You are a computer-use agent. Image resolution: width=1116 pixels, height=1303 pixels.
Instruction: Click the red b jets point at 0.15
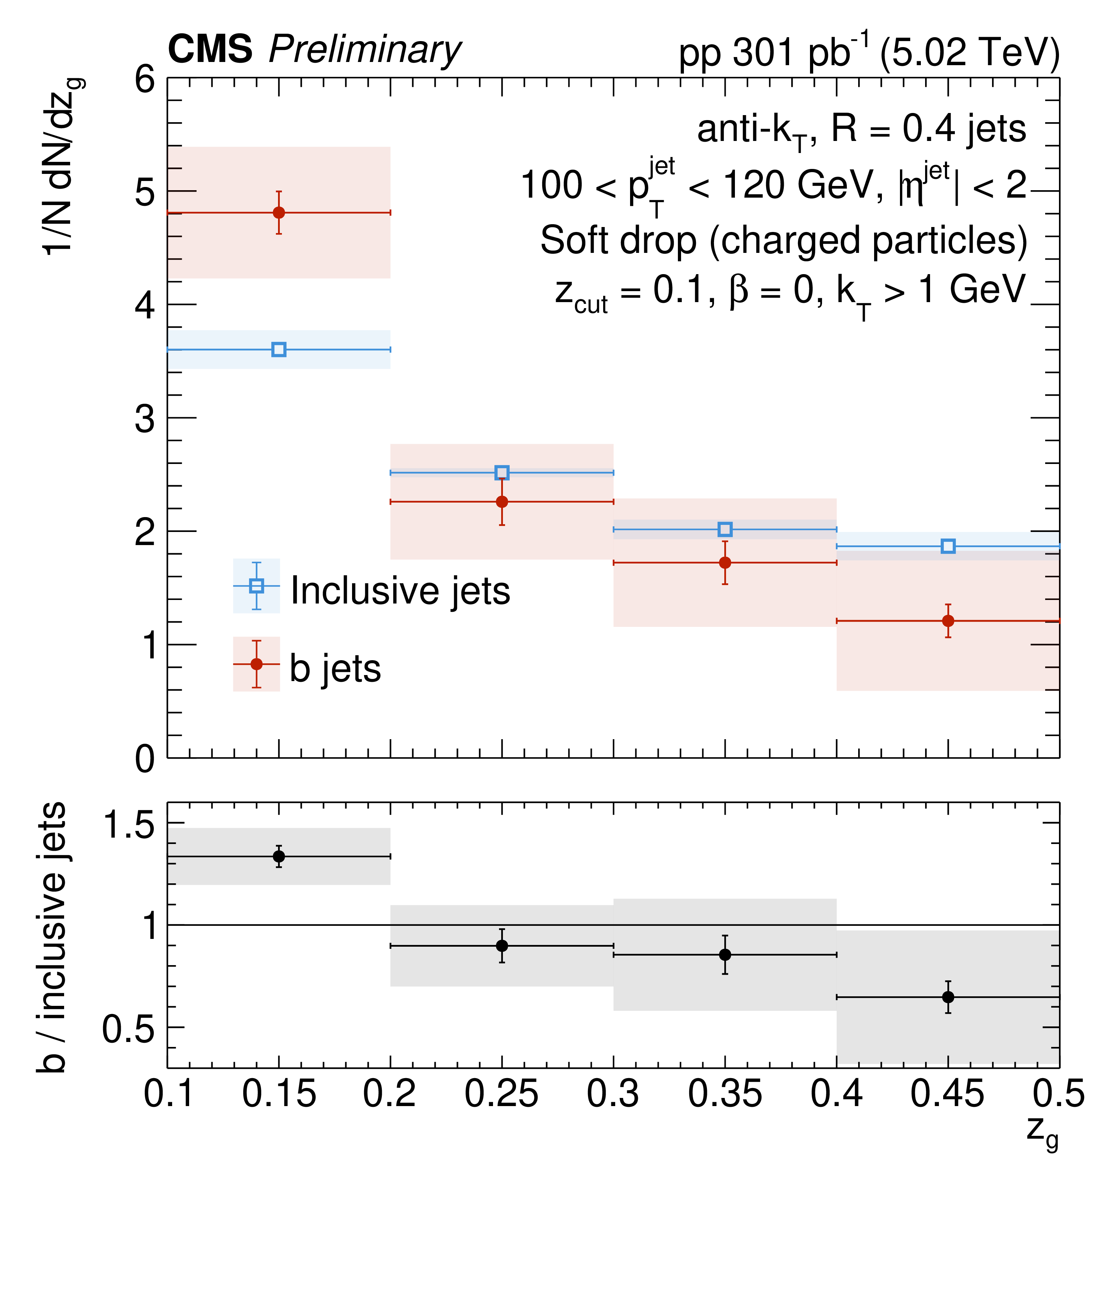click(279, 213)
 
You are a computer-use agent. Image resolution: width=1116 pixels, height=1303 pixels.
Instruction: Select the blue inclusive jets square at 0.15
click(279, 350)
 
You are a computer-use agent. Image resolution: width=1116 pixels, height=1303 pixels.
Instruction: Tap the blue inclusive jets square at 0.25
click(502, 473)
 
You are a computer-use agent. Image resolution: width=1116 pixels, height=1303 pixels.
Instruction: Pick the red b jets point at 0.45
click(948, 621)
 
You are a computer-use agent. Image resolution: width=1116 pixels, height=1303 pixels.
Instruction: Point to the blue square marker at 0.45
click(948, 546)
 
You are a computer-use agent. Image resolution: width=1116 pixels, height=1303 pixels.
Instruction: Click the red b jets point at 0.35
click(725, 562)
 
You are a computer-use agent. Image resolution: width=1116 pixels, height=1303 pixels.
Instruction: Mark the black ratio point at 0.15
click(279, 856)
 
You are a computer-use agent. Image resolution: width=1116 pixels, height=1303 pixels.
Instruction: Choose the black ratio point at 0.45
click(948, 997)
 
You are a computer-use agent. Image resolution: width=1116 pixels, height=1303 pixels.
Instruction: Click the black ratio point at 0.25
click(502, 946)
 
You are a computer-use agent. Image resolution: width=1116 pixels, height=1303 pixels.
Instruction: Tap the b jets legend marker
click(256, 664)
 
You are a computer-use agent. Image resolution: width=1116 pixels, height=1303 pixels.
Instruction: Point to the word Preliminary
click(365, 50)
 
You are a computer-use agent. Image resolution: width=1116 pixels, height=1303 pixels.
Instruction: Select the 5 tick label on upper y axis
click(145, 192)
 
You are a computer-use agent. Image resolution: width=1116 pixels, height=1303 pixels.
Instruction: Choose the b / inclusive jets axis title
click(52, 937)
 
